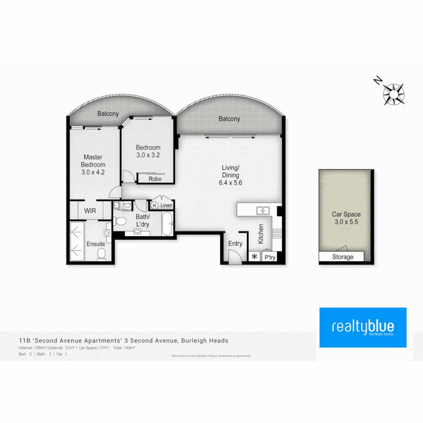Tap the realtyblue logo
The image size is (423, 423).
pyautogui.click(x=363, y=327)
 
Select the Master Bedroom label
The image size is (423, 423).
pyautogui.click(x=93, y=161)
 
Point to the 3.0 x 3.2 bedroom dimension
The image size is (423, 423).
pyautogui.click(x=148, y=155)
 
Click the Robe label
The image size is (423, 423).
pyautogui.click(x=155, y=179)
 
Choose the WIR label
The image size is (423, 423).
pyautogui.click(x=90, y=211)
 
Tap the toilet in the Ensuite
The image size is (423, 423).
pyautogui.click(x=101, y=253)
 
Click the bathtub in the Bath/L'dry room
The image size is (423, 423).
pyautogui.click(x=166, y=224)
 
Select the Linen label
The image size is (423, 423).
pyautogui.click(x=166, y=205)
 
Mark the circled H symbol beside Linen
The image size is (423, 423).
pyautogui.click(x=154, y=205)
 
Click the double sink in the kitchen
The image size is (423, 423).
pyautogui.click(x=263, y=211)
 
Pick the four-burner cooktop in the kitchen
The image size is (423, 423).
pyautogui.click(x=277, y=234)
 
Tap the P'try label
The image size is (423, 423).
pyautogui.click(x=270, y=257)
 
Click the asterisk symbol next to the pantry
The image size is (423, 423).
pyautogui.click(x=255, y=257)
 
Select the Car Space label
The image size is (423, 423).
pyautogui.click(x=346, y=214)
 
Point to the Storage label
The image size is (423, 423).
pyautogui.click(x=342, y=257)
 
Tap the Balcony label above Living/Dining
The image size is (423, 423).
pyautogui.click(x=229, y=119)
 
